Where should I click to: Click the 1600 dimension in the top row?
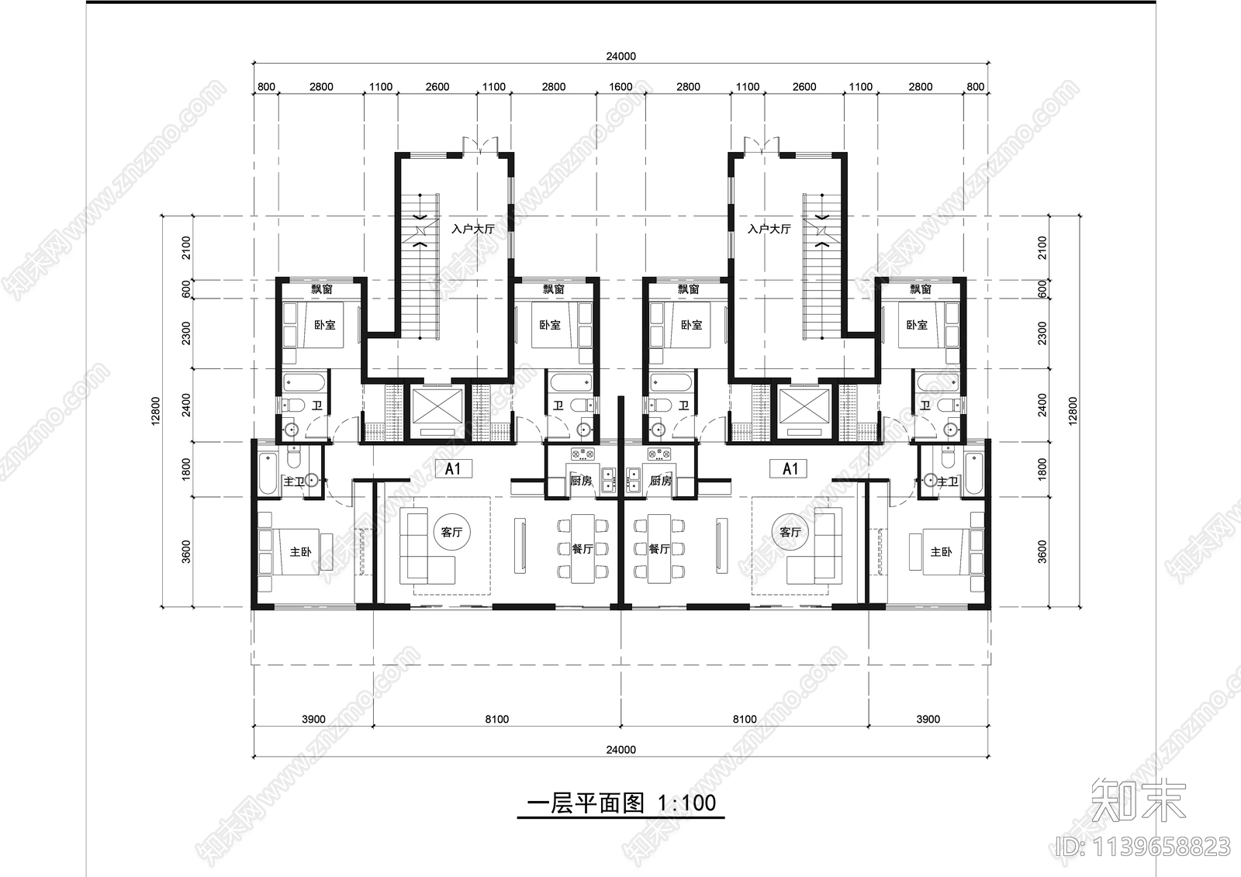click(x=620, y=87)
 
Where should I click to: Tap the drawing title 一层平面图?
click(x=585, y=803)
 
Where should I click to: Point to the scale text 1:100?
click(x=686, y=803)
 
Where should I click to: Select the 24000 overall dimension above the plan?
click(x=620, y=56)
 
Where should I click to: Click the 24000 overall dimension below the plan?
click(x=620, y=750)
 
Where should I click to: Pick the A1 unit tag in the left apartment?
click(x=453, y=468)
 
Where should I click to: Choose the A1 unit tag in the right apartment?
click(x=790, y=468)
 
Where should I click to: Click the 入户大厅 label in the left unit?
click(x=472, y=230)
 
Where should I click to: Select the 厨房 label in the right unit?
click(x=660, y=481)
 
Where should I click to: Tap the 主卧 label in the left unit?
click(x=300, y=552)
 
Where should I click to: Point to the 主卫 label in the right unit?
click(x=947, y=482)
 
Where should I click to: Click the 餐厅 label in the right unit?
click(x=659, y=549)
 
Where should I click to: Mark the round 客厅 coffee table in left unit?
click(x=451, y=532)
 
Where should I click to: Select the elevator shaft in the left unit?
click(x=437, y=412)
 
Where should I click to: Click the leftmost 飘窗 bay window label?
click(x=322, y=289)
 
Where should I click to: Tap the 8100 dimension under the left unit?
click(x=496, y=719)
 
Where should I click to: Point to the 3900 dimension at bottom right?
click(x=928, y=719)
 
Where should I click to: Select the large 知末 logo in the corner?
click(x=1139, y=800)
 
